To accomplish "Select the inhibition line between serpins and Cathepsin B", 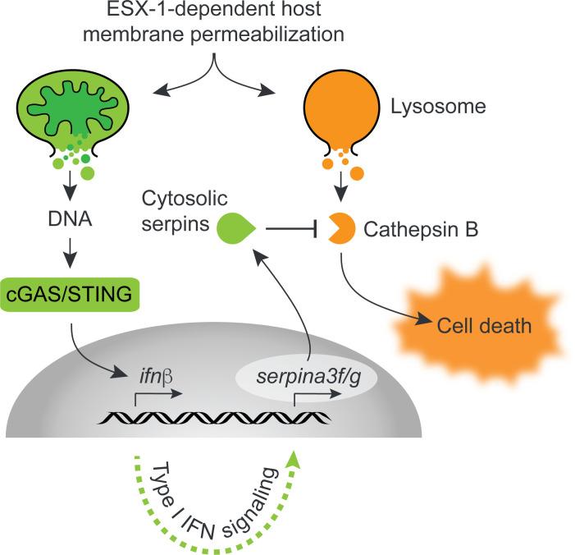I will click(x=294, y=230).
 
